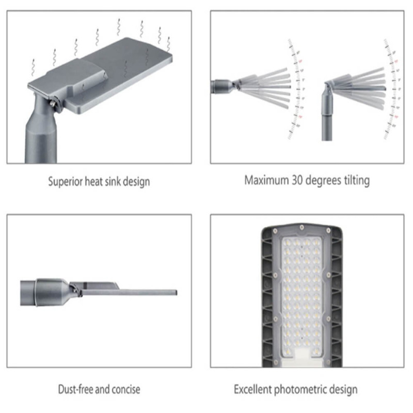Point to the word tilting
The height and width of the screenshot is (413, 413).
tap(356, 181)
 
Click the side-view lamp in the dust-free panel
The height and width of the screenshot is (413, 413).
tap(98, 292)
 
